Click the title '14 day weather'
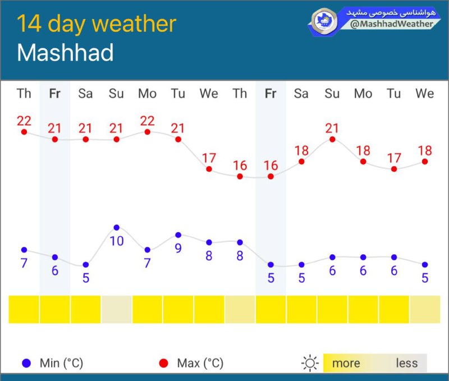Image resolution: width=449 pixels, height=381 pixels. pos(97,24)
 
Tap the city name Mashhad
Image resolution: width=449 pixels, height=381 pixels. pos(65,53)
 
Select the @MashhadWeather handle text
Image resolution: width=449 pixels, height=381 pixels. pos(392,24)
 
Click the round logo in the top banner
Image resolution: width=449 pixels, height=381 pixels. pos(324,21)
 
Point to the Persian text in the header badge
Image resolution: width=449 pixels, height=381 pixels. pos(390,12)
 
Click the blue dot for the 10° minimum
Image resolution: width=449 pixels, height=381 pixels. pos(116,227)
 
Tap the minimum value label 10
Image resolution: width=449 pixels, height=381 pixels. pos(116,241)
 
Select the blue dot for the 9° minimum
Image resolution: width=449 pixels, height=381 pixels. pos(178,235)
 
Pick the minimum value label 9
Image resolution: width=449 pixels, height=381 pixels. pos(178,248)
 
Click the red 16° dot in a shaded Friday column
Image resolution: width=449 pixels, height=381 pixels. pos(271,176)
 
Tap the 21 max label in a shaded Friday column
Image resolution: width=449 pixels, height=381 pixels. pos(54,128)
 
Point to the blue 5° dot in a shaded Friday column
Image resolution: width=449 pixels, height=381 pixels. pos(271,264)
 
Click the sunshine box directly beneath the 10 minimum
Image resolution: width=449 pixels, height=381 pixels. pos(116,309)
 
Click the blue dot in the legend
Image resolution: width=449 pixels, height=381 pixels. pos(26,363)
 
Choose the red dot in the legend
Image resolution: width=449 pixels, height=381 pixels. pos(163,363)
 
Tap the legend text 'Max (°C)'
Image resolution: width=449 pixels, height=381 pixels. pos(200,363)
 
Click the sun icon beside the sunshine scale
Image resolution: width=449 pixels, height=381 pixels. pos(309,363)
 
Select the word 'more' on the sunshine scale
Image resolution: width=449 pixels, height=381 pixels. pos(346,363)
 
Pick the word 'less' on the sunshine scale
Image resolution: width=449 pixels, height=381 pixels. pos(406,363)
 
